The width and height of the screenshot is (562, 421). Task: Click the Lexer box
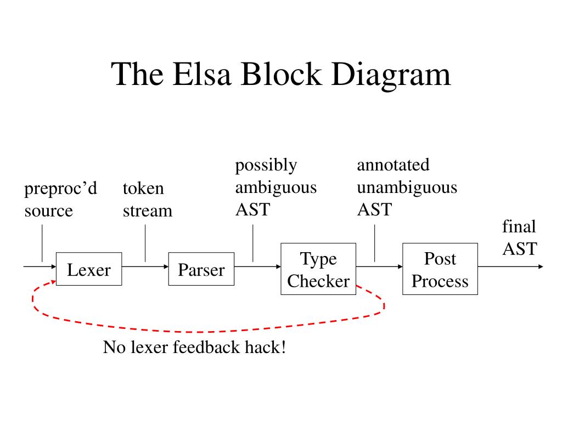[89, 269]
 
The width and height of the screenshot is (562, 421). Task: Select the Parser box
[201, 269]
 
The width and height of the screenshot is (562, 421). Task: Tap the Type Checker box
[318, 269]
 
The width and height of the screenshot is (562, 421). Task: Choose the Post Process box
[440, 269]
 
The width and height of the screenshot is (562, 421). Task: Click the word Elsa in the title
[201, 74]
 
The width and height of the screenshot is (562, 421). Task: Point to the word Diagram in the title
[391, 76]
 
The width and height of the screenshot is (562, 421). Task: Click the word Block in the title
[281, 74]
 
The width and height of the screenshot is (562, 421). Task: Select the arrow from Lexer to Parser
[145, 266]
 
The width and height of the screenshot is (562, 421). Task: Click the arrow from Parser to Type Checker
[257, 266]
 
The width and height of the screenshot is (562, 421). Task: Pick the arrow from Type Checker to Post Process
[379, 266]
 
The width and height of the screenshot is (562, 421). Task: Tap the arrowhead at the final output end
[541, 266]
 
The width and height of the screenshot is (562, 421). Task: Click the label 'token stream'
[147, 200]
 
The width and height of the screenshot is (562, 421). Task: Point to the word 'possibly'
[266, 166]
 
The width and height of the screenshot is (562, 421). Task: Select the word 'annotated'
[393, 164]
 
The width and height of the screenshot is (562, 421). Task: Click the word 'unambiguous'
[407, 187]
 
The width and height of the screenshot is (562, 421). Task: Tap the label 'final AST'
[519, 237]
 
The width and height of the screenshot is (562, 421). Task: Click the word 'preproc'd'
[60, 189]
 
